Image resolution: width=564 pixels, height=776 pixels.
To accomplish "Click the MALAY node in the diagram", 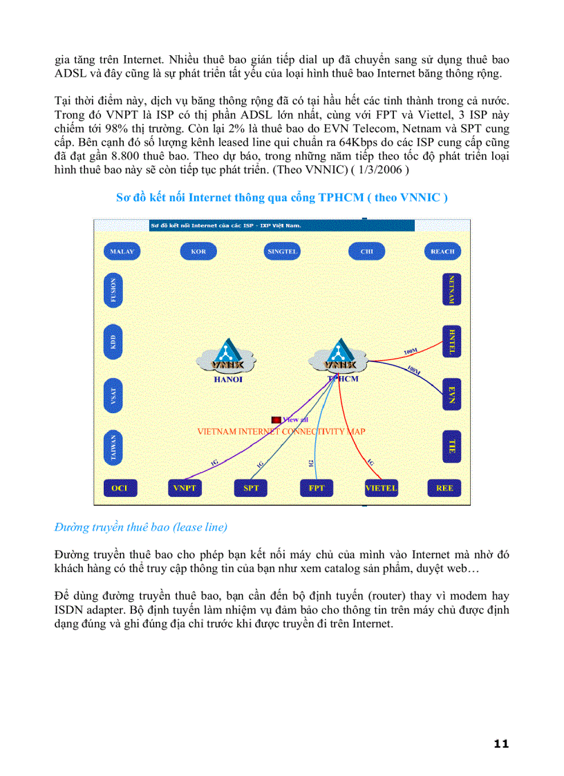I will pos(122,252).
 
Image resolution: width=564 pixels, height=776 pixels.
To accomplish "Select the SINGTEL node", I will pos(282,252).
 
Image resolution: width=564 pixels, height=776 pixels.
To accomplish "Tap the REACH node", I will pos(442,252).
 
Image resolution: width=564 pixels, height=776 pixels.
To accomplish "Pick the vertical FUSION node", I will pos(113,290).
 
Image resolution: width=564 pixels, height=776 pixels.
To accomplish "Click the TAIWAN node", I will pos(113,447).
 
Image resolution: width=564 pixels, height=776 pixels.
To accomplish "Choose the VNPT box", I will pos(185,488).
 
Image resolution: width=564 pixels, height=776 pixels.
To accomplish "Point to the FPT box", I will pos(317,488).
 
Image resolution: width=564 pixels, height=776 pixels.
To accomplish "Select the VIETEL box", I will pos(381,488).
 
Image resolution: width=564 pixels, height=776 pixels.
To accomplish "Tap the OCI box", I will pos(120,488).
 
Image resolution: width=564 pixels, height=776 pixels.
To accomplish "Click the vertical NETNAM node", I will pos(451,290).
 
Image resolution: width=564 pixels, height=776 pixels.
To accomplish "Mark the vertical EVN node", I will pos(451,395).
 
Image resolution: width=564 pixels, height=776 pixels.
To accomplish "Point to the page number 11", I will pos(502,744).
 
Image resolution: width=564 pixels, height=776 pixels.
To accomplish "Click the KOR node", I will pos(198,252).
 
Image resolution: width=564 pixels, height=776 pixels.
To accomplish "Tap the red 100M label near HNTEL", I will pos(411,352).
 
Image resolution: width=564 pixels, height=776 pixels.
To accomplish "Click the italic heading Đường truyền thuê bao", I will pos(140,527).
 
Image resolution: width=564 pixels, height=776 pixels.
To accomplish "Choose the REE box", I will pos(444,488).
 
